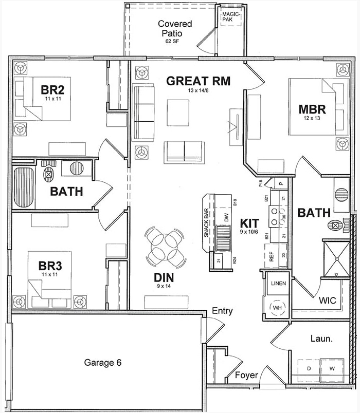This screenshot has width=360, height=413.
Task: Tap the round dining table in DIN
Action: pyautogui.click(x=166, y=247)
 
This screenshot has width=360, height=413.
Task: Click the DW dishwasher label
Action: pyautogui.click(x=226, y=217)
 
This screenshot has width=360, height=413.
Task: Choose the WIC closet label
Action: pyautogui.click(x=327, y=300)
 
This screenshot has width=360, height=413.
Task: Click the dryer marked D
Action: pyautogui.click(x=309, y=369)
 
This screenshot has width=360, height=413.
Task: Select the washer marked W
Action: pyautogui.click(x=332, y=369)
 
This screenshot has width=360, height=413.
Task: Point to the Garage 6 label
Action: pyautogui.click(x=102, y=363)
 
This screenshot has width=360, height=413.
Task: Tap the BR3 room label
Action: pyautogui.click(x=50, y=266)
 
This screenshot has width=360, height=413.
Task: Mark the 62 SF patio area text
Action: pyautogui.click(x=171, y=40)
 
